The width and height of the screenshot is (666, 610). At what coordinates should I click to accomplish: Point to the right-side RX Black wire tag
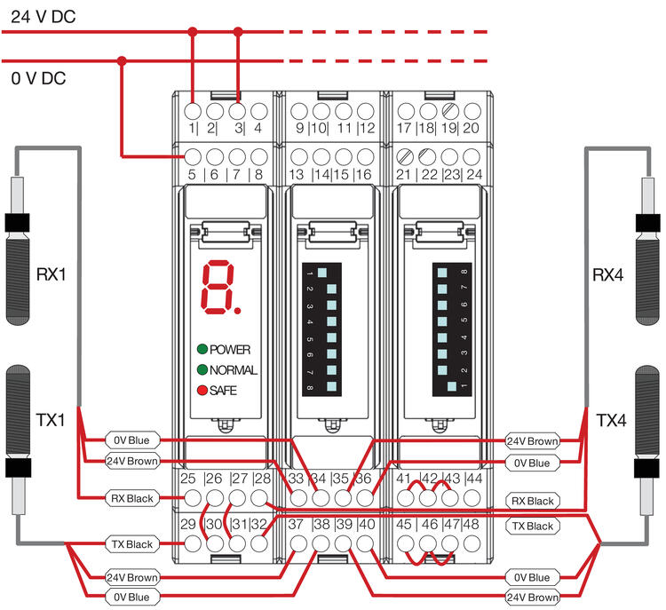coord(533,501)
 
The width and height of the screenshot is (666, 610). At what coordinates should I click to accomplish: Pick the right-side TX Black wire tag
coord(533,527)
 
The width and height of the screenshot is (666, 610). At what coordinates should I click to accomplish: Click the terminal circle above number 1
coord(193,112)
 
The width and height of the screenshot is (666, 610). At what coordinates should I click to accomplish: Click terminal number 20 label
coord(472,128)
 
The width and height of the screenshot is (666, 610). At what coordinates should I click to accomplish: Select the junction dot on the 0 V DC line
coord(122,60)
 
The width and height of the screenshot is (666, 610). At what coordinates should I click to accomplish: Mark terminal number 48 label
coord(471,525)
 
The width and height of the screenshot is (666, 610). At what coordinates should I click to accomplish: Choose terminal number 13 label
coord(296,174)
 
